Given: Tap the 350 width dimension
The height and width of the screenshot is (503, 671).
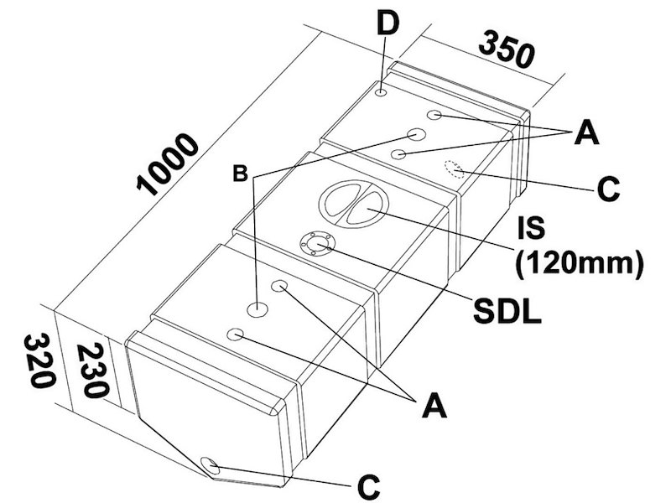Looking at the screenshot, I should [507, 52].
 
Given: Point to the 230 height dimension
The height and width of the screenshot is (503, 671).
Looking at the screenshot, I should [92, 369].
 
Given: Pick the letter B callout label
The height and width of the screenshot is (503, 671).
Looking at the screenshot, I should [240, 176].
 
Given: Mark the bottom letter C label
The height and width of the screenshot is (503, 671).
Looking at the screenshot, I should [368, 484].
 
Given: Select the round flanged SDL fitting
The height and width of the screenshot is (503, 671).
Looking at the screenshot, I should [317, 244].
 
